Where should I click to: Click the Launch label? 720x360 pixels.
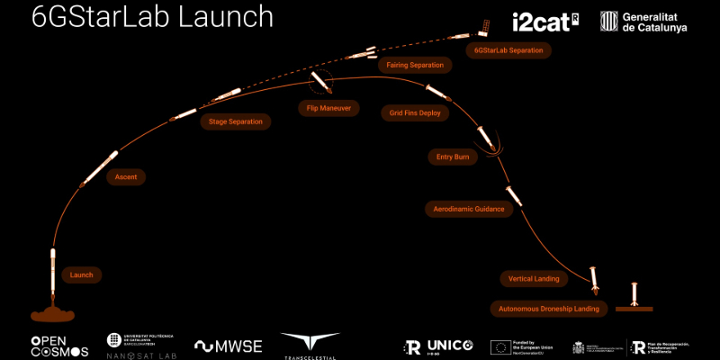82,274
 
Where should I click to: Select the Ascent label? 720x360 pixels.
126,177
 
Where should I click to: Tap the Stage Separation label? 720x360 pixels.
235,121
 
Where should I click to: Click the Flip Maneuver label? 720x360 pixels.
328,108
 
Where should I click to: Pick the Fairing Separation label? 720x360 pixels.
415,65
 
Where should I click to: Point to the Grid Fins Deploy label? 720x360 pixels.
415,113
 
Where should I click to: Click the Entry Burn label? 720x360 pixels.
452,157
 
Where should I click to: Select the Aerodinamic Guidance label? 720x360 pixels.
468,209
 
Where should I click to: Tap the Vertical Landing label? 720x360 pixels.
534,279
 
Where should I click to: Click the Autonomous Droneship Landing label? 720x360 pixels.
549,309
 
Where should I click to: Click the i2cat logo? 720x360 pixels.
544,22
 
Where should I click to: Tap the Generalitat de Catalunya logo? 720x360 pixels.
643,22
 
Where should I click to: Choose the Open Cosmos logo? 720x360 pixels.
60,346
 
